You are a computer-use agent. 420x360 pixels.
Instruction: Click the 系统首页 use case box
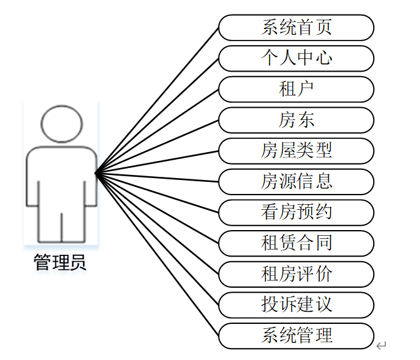coord(296,27)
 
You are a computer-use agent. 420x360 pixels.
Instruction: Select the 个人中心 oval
coord(296,58)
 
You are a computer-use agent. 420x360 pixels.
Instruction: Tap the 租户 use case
coord(296,89)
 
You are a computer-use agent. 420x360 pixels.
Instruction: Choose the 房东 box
coord(296,120)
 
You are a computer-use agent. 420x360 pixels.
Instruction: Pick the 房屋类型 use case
coord(296,151)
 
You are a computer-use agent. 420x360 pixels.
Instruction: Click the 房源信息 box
coord(296,181)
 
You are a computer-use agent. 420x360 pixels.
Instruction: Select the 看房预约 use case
coord(296,212)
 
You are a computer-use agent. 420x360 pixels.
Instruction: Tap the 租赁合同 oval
coord(296,243)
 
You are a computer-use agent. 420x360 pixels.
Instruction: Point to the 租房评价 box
coord(296,274)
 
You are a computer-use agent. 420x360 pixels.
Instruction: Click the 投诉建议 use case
coord(296,304)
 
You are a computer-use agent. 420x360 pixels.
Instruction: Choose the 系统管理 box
coord(296,335)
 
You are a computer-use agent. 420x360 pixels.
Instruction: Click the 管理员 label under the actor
coord(61,262)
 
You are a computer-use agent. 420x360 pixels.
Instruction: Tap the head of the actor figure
coord(61,124)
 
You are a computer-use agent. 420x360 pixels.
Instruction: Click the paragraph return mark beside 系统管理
coord(381,345)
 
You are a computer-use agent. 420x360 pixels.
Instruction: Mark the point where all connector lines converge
coord(96,172)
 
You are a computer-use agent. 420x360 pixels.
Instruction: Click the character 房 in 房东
coord(287,120)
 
